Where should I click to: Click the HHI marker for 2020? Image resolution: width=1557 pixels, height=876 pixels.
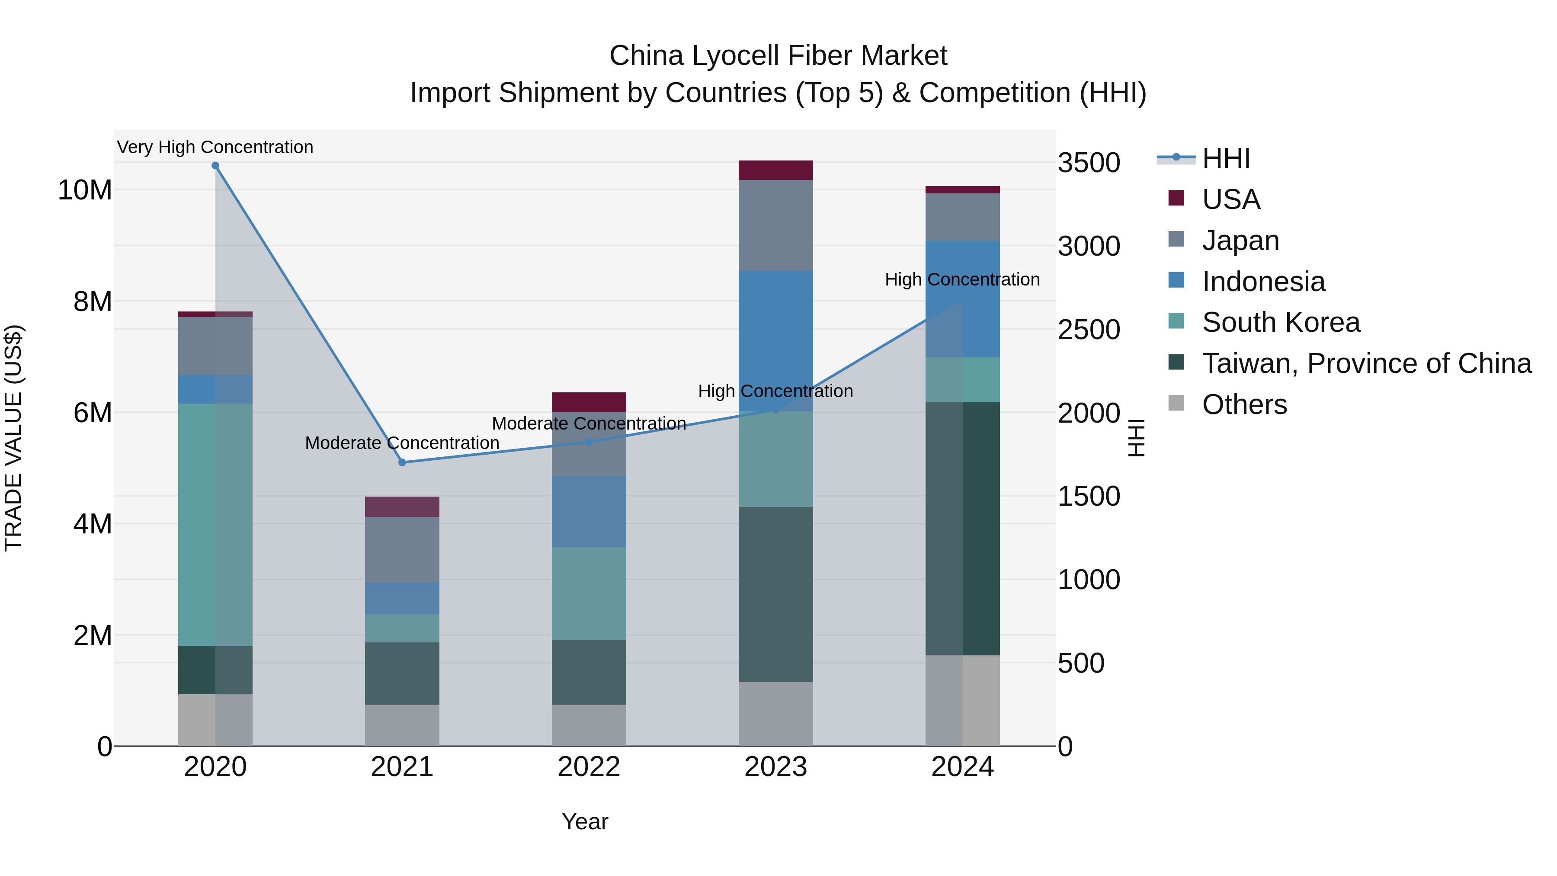click(x=215, y=166)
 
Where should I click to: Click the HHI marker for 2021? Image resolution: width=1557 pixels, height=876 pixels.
click(x=402, y=462)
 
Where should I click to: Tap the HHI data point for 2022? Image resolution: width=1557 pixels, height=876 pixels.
click(x=589, y=442)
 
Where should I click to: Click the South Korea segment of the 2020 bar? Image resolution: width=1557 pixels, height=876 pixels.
click(x=215, y=524)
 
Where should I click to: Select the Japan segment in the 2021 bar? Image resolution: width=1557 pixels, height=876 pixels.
click(x=402, y=549)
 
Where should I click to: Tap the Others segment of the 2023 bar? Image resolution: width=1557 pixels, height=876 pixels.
click(x=775, y=713)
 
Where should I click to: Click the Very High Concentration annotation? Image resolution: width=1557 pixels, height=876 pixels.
click(x=215, y=147)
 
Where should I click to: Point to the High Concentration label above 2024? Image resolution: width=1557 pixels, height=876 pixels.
click(x=962, y=279)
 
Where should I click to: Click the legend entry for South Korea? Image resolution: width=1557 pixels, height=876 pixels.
click(x=1280, y=322)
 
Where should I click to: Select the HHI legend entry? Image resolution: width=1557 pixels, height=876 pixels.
click(x=1225, y=158)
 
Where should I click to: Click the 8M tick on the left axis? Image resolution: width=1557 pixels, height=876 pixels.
click(x=93, y=301)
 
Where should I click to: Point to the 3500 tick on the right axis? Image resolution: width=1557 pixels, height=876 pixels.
click(x=1089, y=163)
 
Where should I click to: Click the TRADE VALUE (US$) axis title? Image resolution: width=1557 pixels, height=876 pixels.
click(x=13, y=438)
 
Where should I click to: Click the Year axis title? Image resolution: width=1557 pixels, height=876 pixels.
click(x=584, y=821)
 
